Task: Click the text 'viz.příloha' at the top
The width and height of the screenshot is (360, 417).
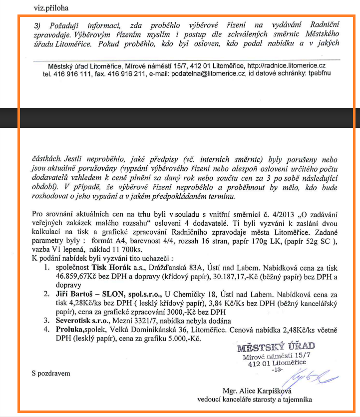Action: tap(51, 8)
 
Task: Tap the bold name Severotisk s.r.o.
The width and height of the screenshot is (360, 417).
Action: tap(78, 320)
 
